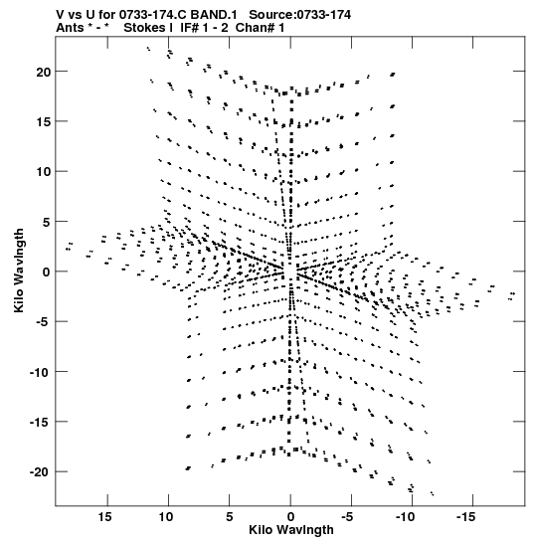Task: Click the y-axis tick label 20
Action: [44, 73]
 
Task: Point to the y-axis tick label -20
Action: [40, 472]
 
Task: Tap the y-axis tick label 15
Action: [44, 122]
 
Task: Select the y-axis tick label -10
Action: [40, 372]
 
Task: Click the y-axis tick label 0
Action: [47, 272]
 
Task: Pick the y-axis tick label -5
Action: [44, 322]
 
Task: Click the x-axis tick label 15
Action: [104, 516]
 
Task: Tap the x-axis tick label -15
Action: [465, 516]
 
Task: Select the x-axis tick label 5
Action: [230, 516]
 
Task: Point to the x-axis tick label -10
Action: [405, 516]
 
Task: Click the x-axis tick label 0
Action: [290, 516]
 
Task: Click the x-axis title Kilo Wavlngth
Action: [291, 530]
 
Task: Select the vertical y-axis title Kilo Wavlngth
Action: [19, 271]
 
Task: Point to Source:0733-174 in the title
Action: [299, 15]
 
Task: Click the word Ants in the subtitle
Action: [70, 28]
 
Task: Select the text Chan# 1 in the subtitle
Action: [260, 28]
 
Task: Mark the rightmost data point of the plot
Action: [513, 293]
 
